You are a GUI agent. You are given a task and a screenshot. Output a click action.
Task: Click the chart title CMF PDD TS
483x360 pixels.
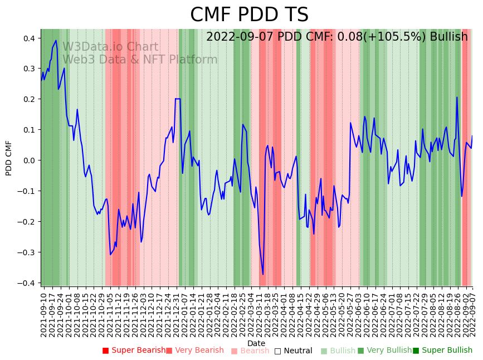(249, 15)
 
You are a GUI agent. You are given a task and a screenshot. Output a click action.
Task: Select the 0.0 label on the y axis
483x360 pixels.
(28, 160)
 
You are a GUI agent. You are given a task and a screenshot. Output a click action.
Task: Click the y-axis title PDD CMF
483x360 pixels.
(9, 158)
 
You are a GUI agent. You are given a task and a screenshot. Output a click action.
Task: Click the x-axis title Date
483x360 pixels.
(256, 343)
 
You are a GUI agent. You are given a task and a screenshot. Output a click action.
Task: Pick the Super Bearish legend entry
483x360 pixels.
(134, 351)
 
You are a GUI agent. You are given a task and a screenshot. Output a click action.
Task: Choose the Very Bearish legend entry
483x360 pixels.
(195, 351)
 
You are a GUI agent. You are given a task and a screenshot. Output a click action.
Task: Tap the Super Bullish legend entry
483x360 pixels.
(442, 351)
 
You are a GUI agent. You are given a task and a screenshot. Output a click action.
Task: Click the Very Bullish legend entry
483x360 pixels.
(384, 351)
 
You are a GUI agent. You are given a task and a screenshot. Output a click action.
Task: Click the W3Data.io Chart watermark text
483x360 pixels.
(110, 47)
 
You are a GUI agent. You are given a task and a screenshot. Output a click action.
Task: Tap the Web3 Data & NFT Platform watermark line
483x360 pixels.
(140, 60)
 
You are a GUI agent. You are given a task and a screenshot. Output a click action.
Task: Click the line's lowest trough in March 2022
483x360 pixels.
(263, 274)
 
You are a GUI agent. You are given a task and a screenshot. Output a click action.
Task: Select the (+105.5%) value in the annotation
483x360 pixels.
(389, 37)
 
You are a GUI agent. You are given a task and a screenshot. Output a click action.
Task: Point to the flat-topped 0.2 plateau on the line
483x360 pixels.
(178, 99)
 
